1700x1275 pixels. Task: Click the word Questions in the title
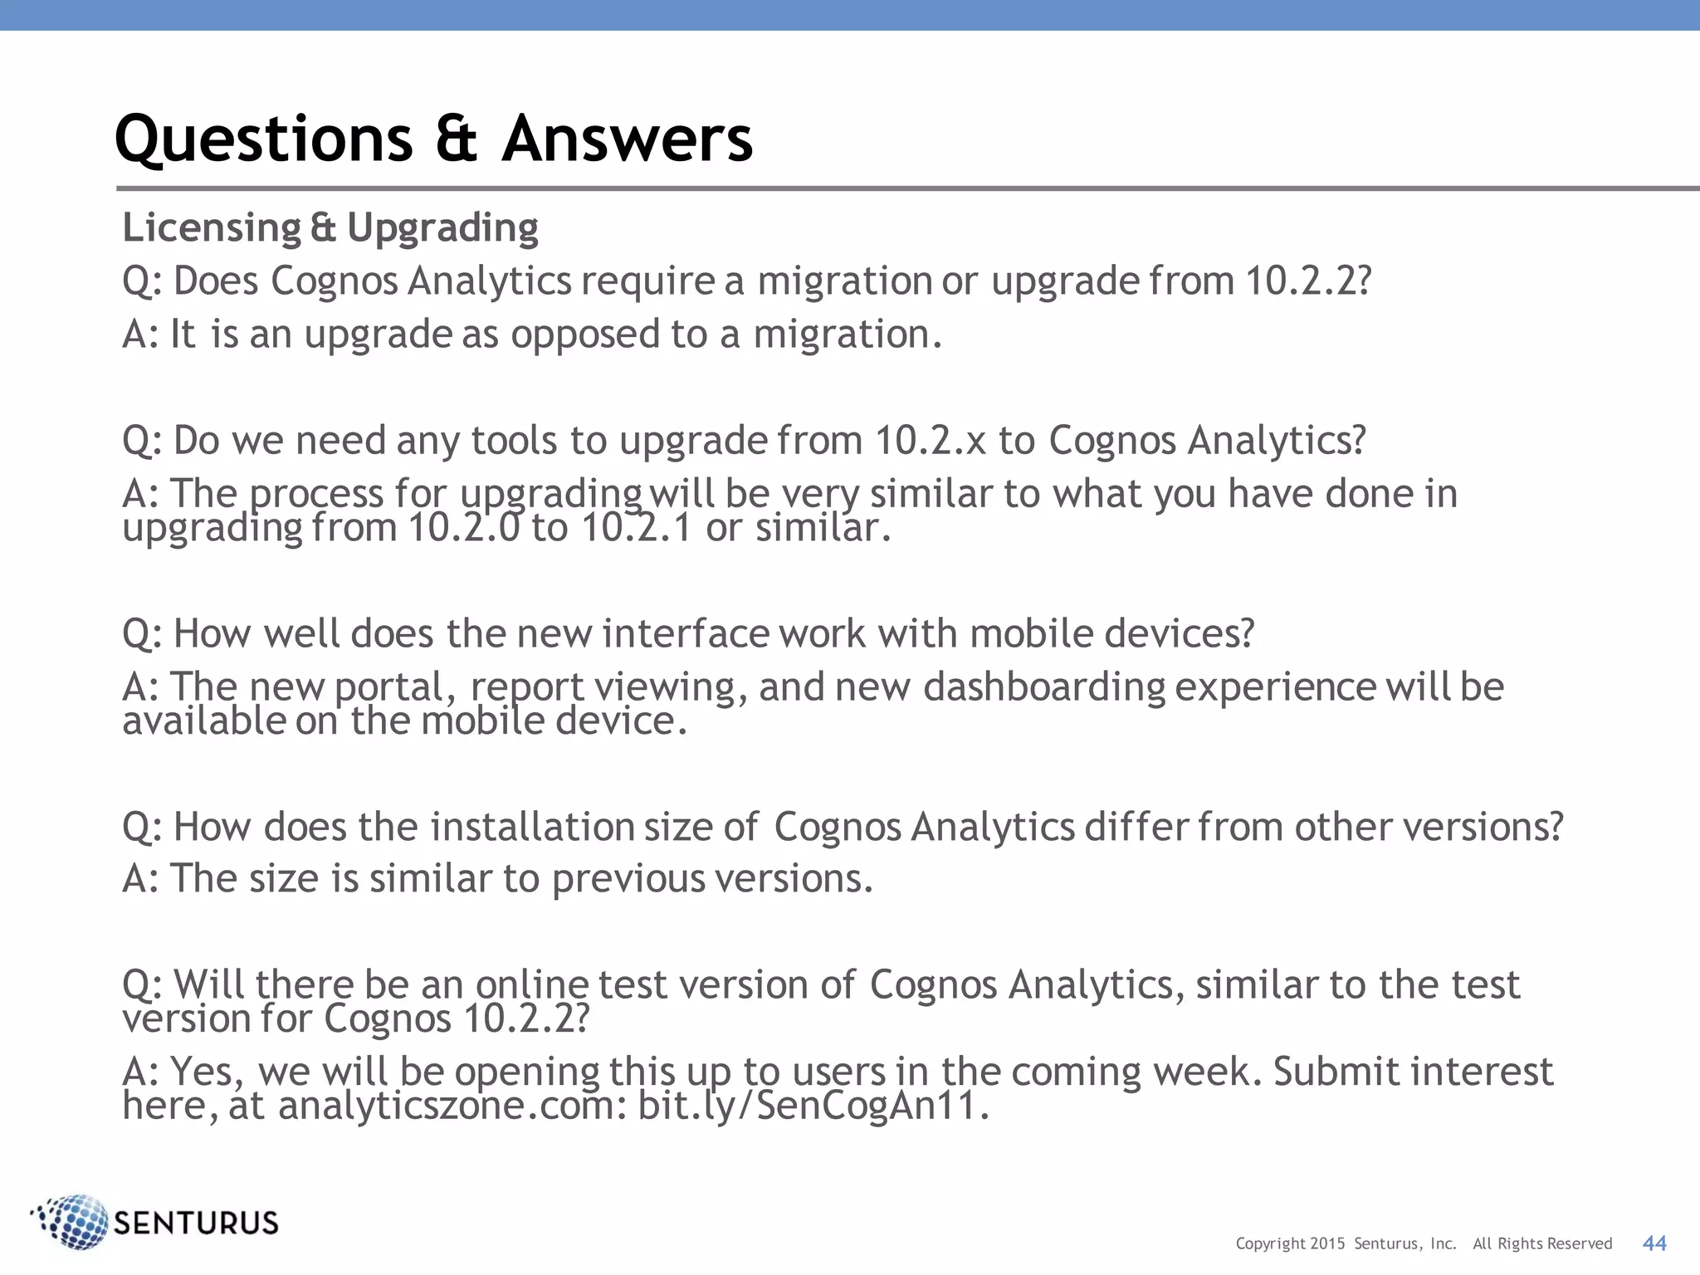coord(263,139)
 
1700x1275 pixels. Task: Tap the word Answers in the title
coord(627,139)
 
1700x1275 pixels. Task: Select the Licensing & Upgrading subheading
coord(330,228)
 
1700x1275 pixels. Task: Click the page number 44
coord(1654,1243)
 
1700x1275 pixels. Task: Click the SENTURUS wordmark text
coord(196,1224)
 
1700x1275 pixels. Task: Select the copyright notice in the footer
coord(1423,1243)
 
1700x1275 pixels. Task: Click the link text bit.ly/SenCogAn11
coord(813,1106)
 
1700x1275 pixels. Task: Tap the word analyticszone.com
coord(452,1106)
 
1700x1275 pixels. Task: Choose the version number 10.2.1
coord(636,528)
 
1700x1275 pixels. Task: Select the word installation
coord(532,827)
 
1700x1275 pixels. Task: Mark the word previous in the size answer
coord(628,879)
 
